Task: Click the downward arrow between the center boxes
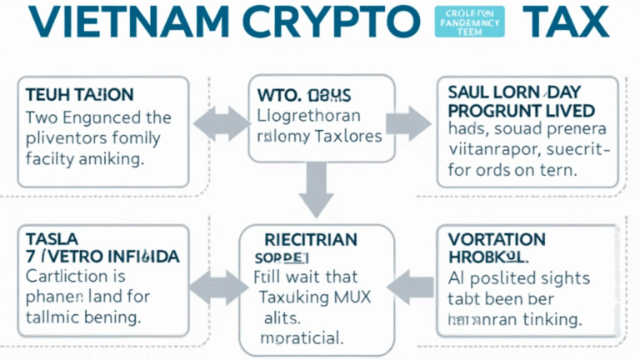pyautogui.click(x=317, y=189)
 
